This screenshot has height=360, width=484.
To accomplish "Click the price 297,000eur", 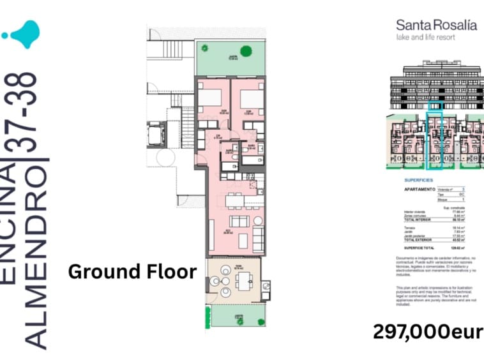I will click(427, 333).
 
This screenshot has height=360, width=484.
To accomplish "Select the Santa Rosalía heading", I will click(436, 25).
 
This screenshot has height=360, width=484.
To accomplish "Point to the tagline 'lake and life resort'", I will click(424, 38).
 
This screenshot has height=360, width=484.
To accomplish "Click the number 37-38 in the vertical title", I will click(29, 112).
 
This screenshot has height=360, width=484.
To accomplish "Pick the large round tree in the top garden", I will click(245, 51).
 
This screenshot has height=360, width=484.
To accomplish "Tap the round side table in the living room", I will click(258, 221).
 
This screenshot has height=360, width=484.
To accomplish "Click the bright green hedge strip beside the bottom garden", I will click(206, 316).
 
